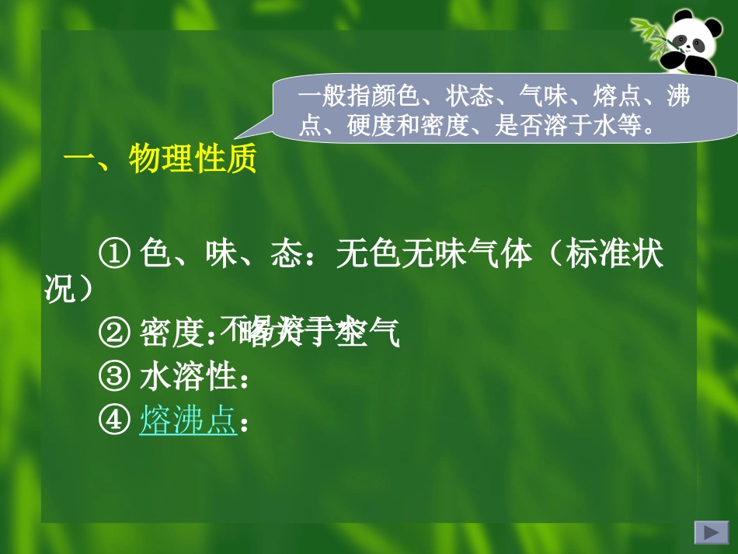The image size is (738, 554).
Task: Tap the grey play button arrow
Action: point(710,532)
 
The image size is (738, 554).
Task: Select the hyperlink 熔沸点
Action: point(188,421)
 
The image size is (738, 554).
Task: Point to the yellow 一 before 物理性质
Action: point(78,161)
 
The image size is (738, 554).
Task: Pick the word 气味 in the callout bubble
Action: point(541,96)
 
